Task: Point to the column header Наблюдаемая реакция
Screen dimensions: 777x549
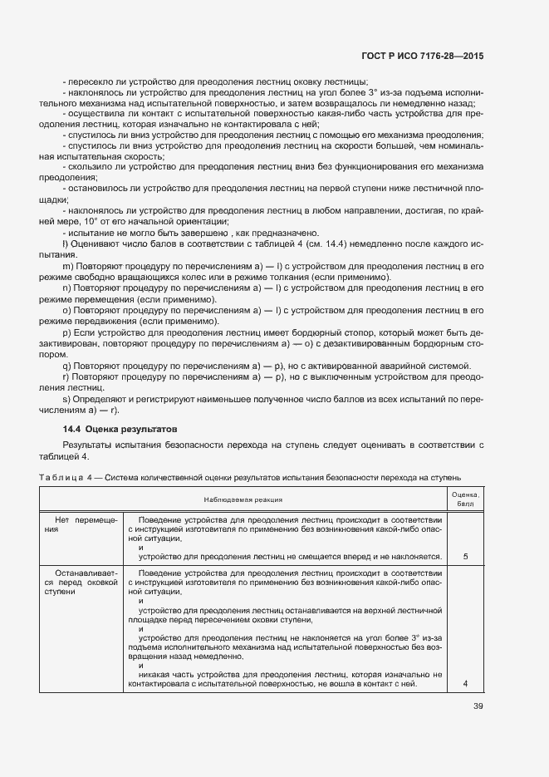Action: (243, 499)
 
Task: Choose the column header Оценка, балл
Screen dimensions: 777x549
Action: (465, 499)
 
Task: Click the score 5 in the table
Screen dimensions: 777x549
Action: (465, 556)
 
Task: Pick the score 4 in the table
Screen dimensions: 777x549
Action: (465, 683)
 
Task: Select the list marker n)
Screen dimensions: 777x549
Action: (66, 287)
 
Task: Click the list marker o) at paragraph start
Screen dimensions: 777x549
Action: (66, 308)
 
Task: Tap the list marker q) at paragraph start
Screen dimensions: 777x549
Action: (66, 366)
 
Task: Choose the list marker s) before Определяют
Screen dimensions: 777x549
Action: (66, 400)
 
